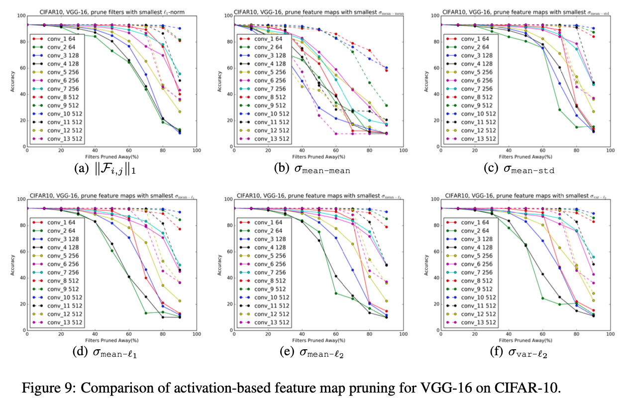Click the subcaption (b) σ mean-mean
[x=312, y=169]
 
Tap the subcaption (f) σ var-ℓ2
[x=519, y=351]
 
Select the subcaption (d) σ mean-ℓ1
[x=104, y=351]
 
